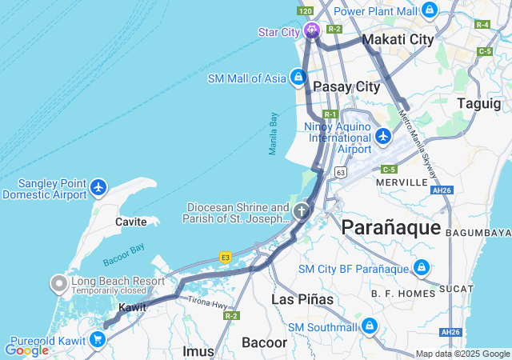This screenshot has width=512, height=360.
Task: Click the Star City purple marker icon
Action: pyautogui.click(x=310, y=31)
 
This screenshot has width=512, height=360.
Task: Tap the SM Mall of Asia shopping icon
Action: pyautogui.click(x=298, y=78)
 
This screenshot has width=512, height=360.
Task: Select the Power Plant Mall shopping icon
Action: pyautogui.click(x=430, y=11)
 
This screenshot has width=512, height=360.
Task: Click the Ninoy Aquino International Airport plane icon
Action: pyautogui.click(x=383, y=137)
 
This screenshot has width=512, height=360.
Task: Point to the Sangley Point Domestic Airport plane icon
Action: pyautogui.click(x=98, y=187)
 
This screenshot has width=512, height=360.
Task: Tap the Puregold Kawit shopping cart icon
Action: pyautogui.click(x=98, y=339)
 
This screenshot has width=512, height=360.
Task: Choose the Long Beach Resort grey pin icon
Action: pyautogui.click(x=59, y=282)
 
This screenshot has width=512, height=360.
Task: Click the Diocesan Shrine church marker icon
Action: pyautogui.click(x=301, y=212)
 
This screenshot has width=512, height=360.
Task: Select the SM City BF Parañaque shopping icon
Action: pyautogui.click(x=422, y=268)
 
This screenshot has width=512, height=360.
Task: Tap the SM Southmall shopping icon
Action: pyautogui.click(x=369, y=326)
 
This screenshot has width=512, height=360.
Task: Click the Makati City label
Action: pyautogui.click(x=398, y=39)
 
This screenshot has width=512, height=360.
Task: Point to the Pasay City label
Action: pyautogui.click(x=346, y=86)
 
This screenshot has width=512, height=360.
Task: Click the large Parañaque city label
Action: pyautogui.click(x=390, y=227)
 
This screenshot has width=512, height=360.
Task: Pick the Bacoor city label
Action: pyautogui.click(x=265, y=342)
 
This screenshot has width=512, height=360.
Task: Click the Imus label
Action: pyautogui.click(x=198, y=350)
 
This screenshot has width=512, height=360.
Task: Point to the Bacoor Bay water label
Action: pyautogui.click(x=123, y=259)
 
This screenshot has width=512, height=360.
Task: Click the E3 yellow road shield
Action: pyautogui.click(x=226, y=257)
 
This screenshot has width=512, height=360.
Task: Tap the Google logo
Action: pyautogui.click(x=26, y=350)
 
